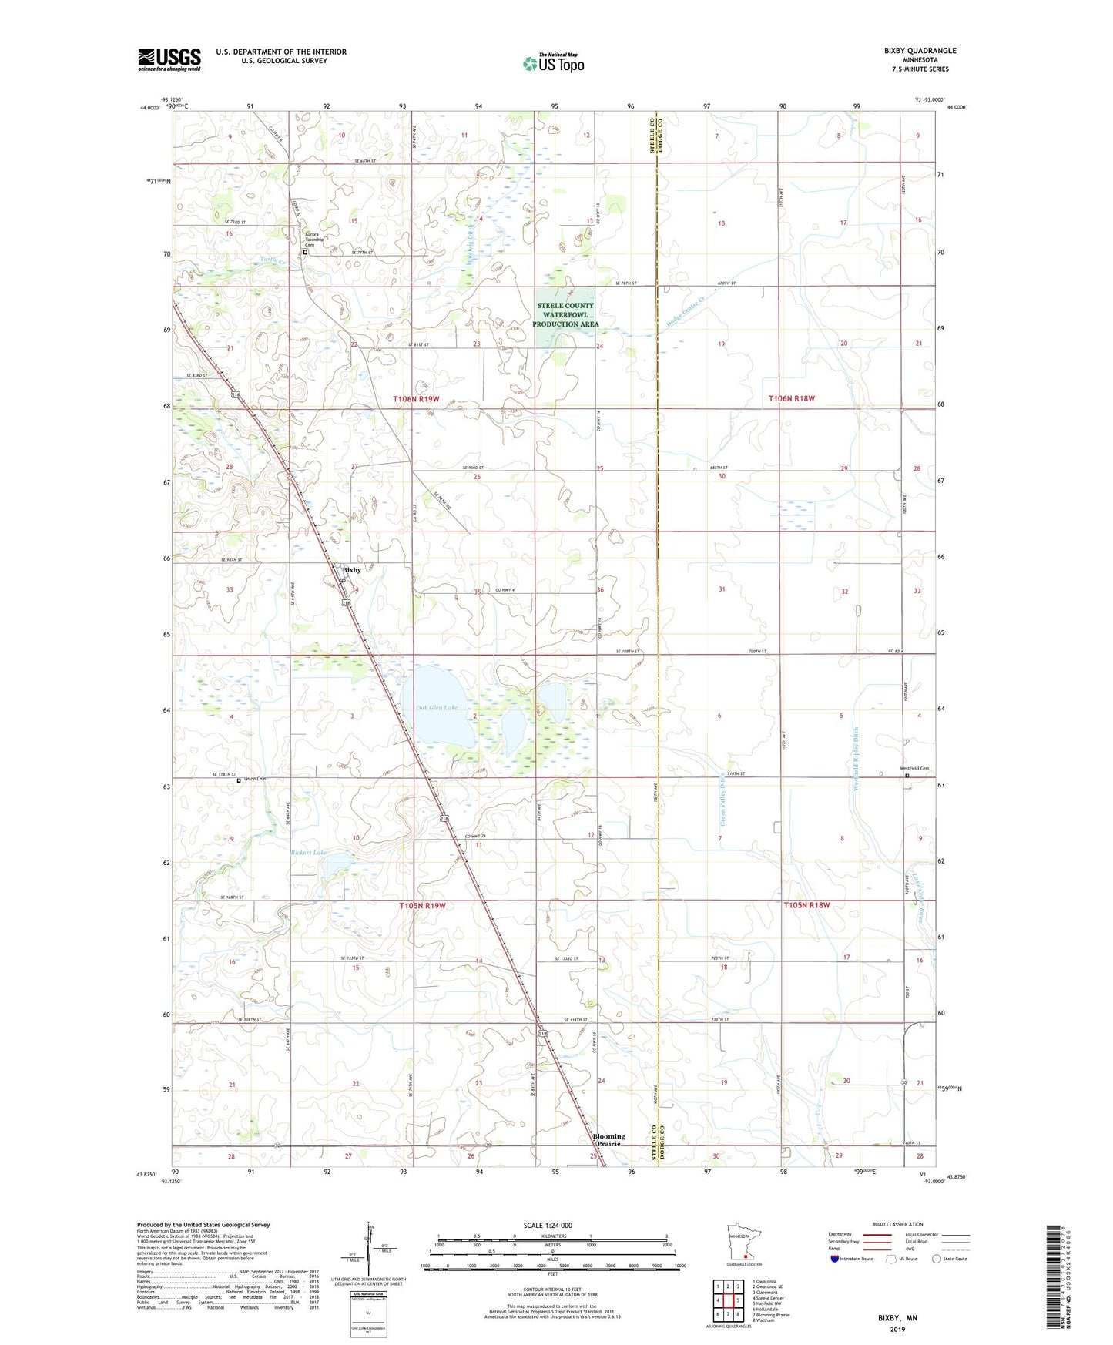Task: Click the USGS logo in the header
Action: point(169,59)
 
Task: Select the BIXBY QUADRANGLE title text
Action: point(920,51)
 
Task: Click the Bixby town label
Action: point(351,570)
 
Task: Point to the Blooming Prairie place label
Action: point(608,1140)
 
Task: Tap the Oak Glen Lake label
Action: point(437,707)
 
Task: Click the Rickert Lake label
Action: point(308,853)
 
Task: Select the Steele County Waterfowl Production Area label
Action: point(565,315)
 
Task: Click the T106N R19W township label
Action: point(416,398)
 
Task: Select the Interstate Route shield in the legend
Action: point(836,1259)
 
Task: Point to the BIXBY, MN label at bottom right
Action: point(897,1318)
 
